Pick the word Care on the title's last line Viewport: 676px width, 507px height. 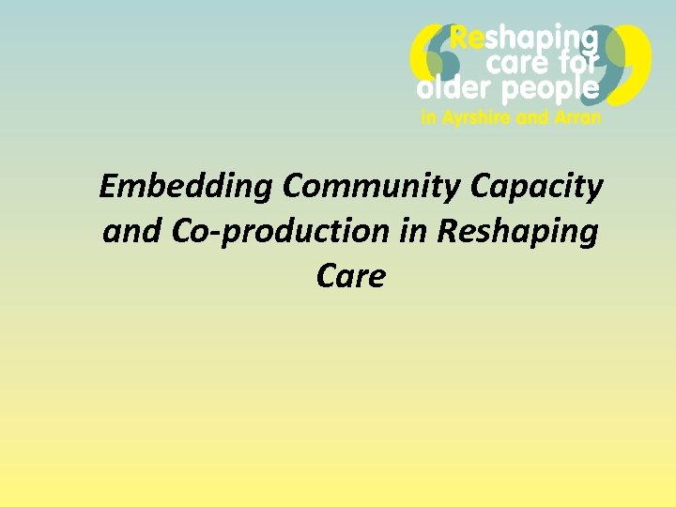click(x=351, y=276)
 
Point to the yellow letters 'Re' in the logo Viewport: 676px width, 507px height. click(x=469, y=38)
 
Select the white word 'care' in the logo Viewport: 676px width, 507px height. click(x=515, y=64)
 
